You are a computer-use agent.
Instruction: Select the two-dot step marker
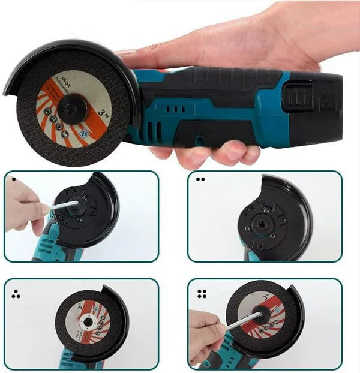click(x=200, y=179)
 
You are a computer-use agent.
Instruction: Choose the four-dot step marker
click(x=202, y=294)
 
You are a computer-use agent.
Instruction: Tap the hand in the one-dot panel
click(x=24, y=207)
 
